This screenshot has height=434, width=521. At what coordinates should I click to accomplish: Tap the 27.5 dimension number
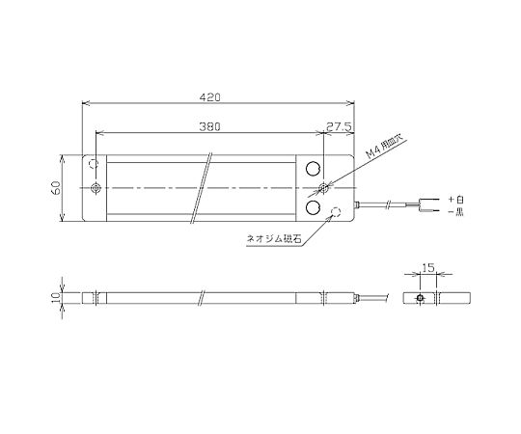(338, 127)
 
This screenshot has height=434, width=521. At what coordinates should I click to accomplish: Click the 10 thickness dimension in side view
(57, 299)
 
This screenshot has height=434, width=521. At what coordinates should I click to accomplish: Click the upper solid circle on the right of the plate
(315, 168)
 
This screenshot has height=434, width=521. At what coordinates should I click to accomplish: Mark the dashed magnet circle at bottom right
(337, 212)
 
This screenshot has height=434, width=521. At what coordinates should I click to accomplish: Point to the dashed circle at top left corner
(95, 164)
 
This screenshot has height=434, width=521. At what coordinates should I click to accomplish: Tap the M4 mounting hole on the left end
(95, 186)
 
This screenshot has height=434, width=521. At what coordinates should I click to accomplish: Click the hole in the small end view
(419, 299)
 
